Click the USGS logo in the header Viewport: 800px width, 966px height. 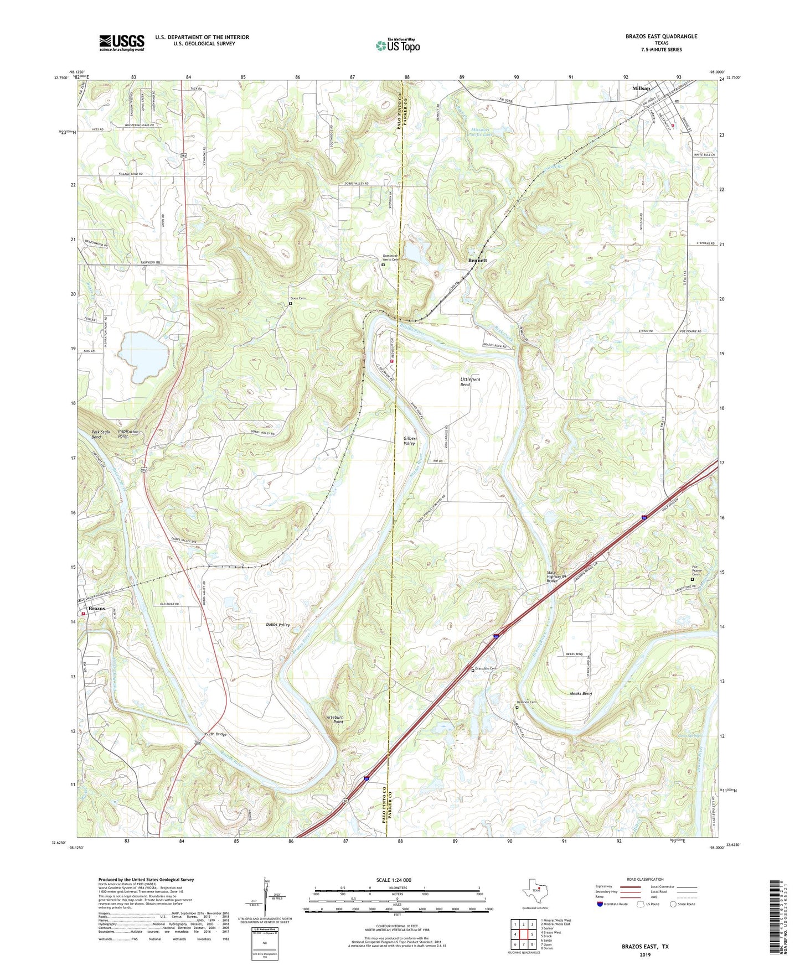[x=121, y=43]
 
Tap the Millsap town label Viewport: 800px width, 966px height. [x=643, y=89]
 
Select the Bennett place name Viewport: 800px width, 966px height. [x=477, y=260]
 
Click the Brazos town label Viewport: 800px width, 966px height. [x=97, y=608]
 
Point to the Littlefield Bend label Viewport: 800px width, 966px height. [x=470, y=382]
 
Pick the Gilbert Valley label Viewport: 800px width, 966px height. [x=410, y=441]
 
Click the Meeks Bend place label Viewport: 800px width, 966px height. [x=580, y=693]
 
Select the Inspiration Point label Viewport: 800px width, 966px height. [x=128, y=434]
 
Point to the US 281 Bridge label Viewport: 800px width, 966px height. [x=215, y=734]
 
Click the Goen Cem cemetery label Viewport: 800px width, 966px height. [x=298, y=298]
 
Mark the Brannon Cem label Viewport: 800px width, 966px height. [x=527, y=702]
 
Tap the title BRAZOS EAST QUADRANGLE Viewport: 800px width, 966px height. [x=661, y=37]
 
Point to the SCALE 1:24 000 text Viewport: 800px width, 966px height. [x=394, y=880]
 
